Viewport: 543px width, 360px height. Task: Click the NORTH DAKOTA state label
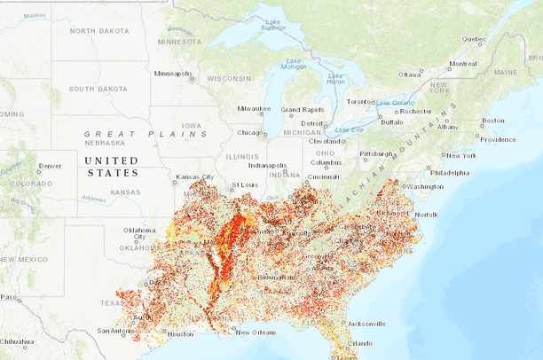[99, 31]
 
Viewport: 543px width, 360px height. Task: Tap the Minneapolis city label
[174, 74]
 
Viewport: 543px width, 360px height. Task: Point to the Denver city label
[50, 166]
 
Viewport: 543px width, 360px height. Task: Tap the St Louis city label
[244, 185]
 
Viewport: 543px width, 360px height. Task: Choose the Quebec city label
[474, 39]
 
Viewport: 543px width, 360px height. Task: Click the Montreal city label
[462, 64]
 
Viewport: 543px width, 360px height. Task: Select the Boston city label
[492, 121]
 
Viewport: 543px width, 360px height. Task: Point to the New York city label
[460, 155]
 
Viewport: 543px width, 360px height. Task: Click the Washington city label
[425, 187]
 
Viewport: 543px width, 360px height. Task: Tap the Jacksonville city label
[365, 324]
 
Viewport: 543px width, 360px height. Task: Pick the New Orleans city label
[255, 333]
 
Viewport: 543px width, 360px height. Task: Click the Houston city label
[179, 334]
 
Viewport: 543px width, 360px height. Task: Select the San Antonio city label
[116, 331]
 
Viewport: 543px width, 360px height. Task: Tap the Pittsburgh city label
[376, 154]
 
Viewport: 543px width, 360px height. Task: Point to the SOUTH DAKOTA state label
[99, 89]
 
